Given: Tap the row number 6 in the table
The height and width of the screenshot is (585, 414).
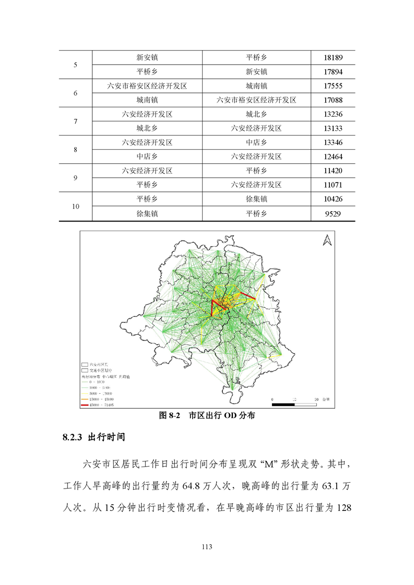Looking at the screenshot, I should click(x=76, y=93).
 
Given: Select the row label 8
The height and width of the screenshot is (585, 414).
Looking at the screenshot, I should click(x=76, y=150).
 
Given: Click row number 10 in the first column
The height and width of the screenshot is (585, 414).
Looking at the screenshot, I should click(x=76, y=206).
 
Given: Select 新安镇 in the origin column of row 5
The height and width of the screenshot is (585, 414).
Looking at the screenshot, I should click(x=147, y=58).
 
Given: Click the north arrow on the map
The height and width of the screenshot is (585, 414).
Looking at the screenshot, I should click(x=327, y=240).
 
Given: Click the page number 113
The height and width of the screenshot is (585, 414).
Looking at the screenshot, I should click(x=207, y=547).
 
